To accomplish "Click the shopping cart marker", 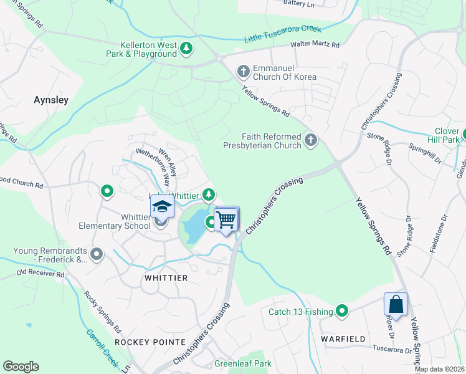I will click(x=226, y=219).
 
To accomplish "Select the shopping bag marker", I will click(x=396, y=305).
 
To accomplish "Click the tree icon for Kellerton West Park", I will click(x=186, y=48).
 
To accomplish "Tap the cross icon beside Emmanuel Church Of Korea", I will click(x=244, y=72).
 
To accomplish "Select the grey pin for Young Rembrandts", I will click(x=96, y=254).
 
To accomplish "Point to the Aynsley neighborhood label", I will click(x=51, y=100).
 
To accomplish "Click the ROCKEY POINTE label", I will click(x=150, y=342).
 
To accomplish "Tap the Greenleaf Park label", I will click(x=243, y=363).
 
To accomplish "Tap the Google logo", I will click(x=21, y=367).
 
